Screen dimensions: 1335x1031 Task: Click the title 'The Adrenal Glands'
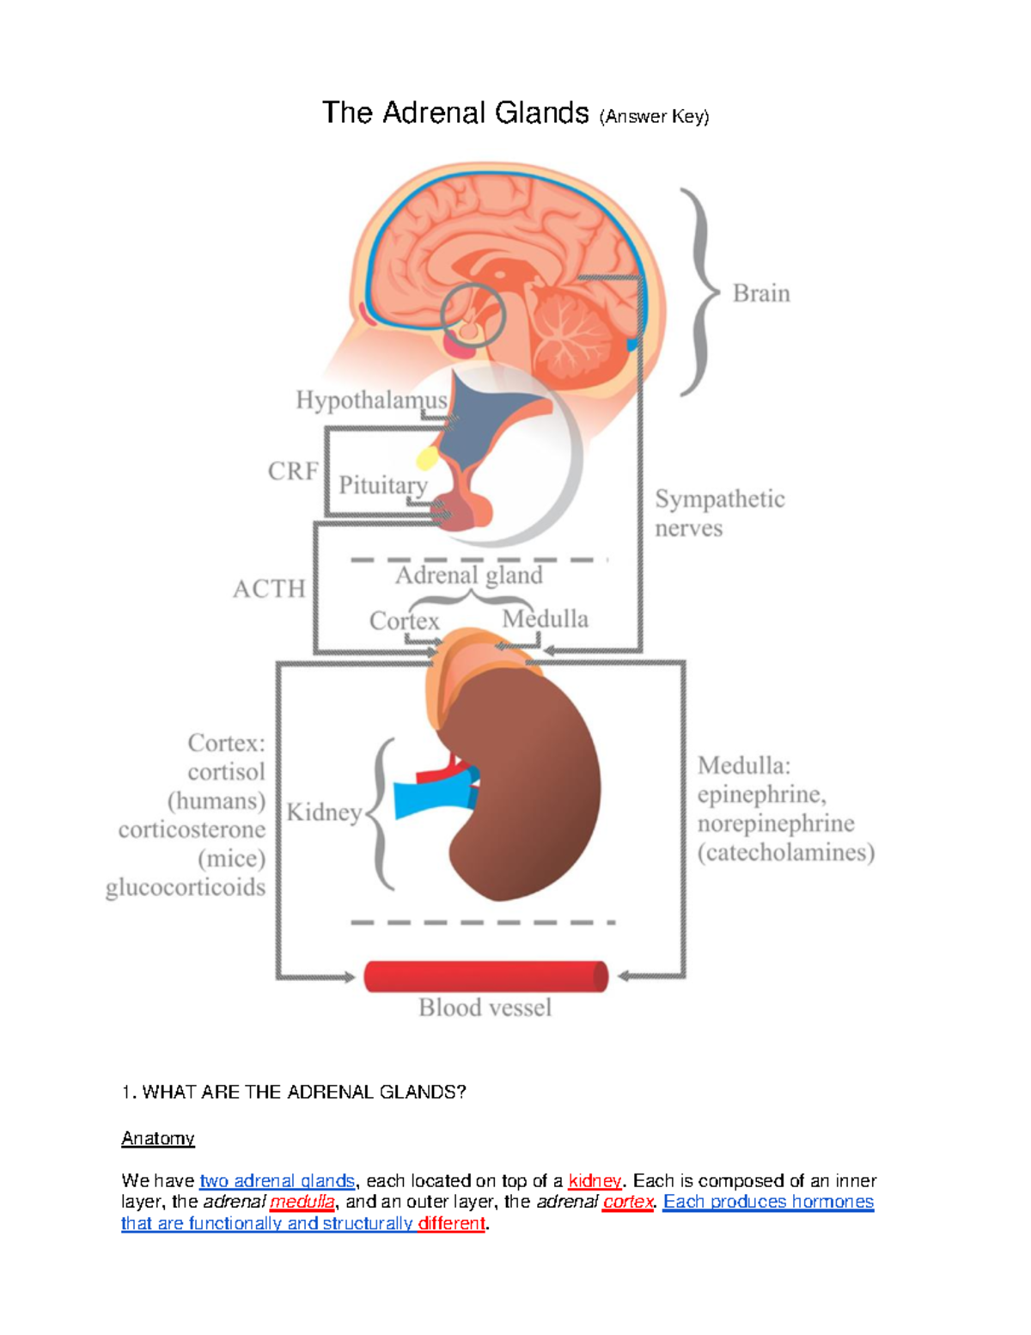click(455, 113)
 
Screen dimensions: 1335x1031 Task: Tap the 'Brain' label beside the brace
click(760, 294)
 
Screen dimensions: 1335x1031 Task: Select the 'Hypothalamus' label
click(371, 401)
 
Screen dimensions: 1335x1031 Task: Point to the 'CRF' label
click(293, 471)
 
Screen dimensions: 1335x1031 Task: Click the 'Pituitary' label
click(382, 486)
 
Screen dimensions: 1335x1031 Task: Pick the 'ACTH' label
click(269, 589)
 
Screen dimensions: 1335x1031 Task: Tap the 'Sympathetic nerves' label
click(719, 513)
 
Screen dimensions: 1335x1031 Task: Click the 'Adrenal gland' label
click(468, 575)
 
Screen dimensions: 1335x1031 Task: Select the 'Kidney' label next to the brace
click(324, 812)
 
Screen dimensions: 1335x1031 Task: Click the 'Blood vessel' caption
click(485, 1007)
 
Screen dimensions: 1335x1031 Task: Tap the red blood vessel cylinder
click(485, 977)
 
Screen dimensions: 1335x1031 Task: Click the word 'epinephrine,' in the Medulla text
click(761, 794)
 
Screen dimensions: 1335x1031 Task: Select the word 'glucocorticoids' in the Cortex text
click(186, 888)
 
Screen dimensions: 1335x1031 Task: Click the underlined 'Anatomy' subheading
click(158, 1139)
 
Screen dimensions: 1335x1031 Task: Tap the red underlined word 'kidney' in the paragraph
click(595, 1181)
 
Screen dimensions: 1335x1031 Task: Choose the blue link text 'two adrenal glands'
click(277, 1181)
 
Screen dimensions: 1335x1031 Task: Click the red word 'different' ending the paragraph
click(451, 1223)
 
